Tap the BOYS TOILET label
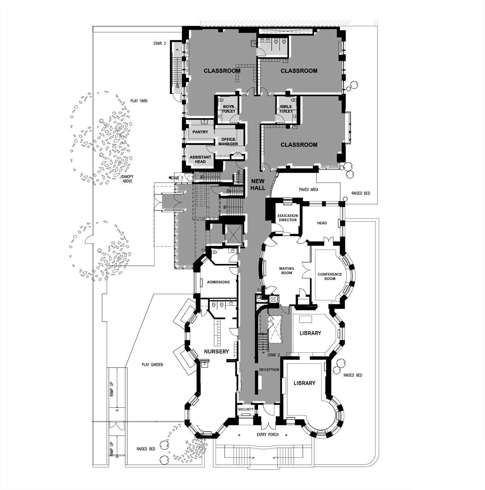pos(228,109)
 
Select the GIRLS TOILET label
pos(286,109)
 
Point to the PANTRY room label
pos(200,132)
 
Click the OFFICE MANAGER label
pos(228,141)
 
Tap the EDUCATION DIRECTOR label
pos(288,218)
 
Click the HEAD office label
pos(322,223)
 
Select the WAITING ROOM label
pos(286,271)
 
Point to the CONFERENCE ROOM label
pos(330,276)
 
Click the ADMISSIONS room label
pos(218,282)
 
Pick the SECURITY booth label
pos(246,410)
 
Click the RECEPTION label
pos(269,370)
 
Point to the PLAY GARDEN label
pos(152,365)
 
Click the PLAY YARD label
pos(139,101)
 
